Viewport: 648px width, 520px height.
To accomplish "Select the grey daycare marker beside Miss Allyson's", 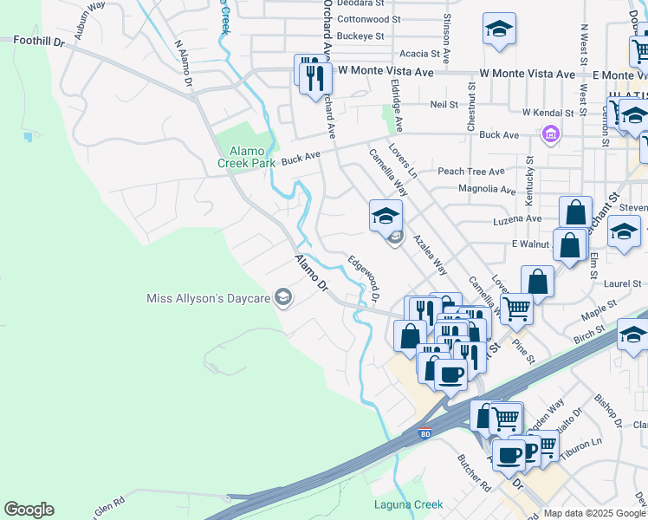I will click(282, 299).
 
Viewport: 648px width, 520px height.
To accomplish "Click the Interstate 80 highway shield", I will click(424, 433).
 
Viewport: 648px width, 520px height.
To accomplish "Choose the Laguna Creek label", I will click(408, 504).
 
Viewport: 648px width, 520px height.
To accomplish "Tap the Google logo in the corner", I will click(29, 510).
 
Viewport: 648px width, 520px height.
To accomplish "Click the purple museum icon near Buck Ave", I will click(549, 134).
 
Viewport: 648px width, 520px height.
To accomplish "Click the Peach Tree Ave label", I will click(470, 172).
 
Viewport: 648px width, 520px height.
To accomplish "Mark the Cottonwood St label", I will click(369, 18).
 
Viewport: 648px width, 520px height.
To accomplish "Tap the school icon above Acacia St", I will click(499, 29).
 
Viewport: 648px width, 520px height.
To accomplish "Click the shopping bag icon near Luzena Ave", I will click(575, 213).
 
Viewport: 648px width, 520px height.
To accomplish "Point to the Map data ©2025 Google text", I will click(595, 513).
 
